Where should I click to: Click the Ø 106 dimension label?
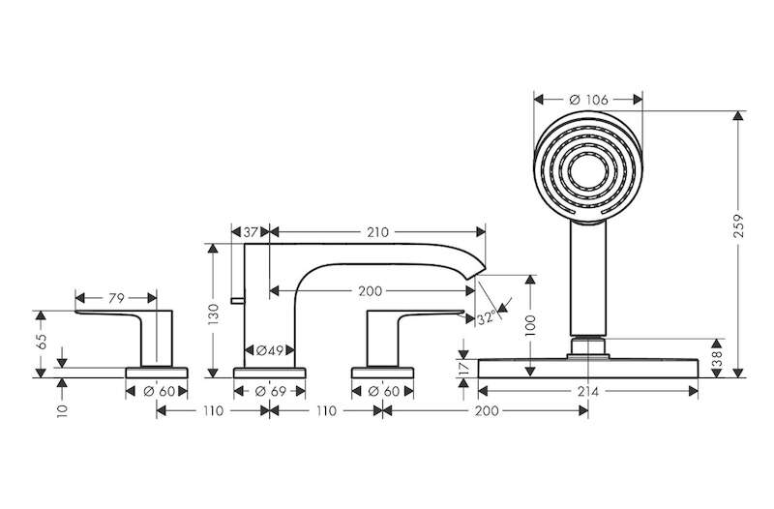coord(588,101)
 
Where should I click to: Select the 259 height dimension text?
coord(738,225)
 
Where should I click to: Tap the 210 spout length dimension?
coord(377,232)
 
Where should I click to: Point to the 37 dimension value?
coord(252,232)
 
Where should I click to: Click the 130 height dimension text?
coord(213,314)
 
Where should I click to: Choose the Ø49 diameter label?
coord(270,350)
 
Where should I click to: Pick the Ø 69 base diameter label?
coord(271,392)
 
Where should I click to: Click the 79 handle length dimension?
coord(116,298)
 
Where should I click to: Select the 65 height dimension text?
coord(42,342)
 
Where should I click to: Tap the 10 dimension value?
coord(62,410)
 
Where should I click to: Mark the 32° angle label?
coord(486,318)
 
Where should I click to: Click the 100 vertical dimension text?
coord(530,325)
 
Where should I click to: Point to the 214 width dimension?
coord(588,392)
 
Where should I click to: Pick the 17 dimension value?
coord(463,368)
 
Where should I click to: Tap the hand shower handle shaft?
coord(588,280)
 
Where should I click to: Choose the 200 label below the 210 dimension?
coord(371,291)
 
